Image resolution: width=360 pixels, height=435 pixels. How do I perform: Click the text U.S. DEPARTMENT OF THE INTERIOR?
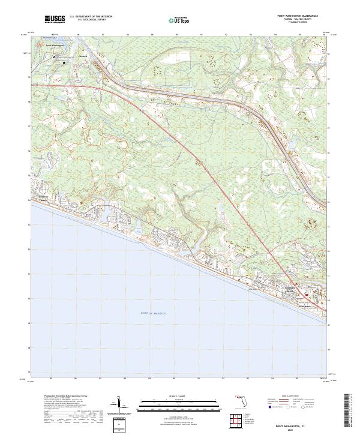tap(91, 17)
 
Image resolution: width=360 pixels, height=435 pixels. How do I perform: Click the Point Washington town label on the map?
tap(55, 45)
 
